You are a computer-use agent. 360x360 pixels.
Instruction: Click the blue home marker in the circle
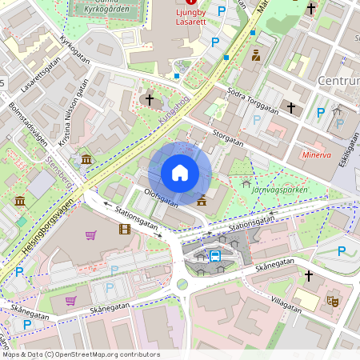pyautogui.click(x=180, y=173)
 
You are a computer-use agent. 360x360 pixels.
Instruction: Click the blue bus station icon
pyautogui.click(x=214, y=256)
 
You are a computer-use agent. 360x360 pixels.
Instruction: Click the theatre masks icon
pyautogui.click(x=333, y=302)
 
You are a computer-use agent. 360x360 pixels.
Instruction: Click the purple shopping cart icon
pyautogui.click(x=90, y=235)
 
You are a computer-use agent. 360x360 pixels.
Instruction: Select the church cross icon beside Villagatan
pyautogui.click(x=309, y=275)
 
